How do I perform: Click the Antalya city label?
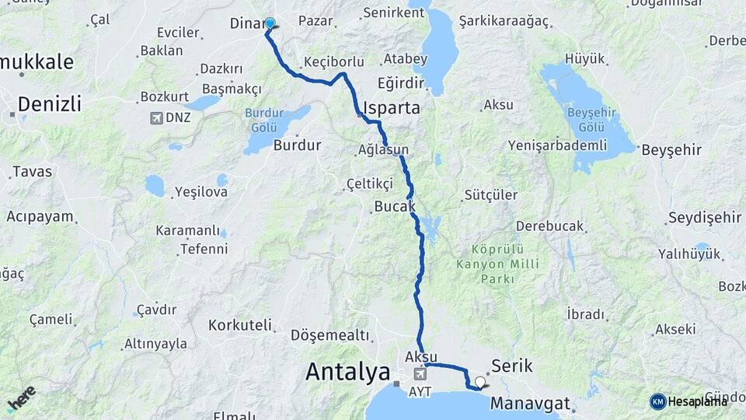[347, 372]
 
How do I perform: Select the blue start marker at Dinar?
[270, 23]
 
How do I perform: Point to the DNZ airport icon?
[159, 118]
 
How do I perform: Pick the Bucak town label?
[395, 207]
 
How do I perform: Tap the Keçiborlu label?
[334, 61]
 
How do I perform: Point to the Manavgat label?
[530, 404]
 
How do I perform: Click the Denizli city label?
[49, 103]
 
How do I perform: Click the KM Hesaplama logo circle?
[658, 401]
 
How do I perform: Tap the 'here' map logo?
[21, 397]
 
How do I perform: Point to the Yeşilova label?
[200, 191]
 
